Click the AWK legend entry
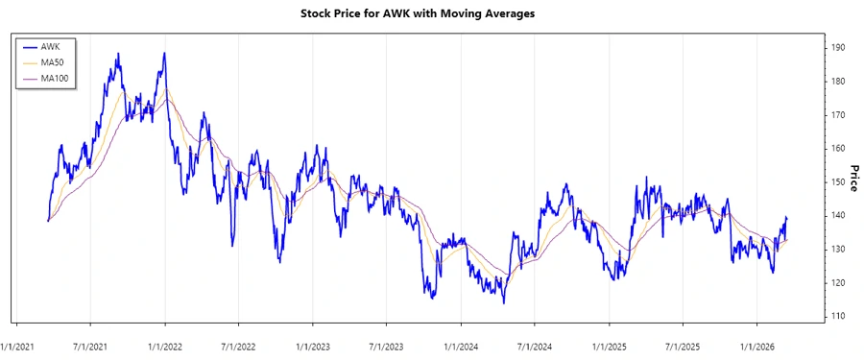click(x=50, y=46)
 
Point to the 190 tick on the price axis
click(x=839, y=47)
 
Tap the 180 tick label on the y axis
click(x=839, y=81)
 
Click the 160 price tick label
click(x=839, y=148)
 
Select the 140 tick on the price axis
click(x=839, y=215)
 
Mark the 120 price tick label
click(x=839, y=282)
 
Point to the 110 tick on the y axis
click(x=839, y=316)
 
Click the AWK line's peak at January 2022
click(x=165, y=54)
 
